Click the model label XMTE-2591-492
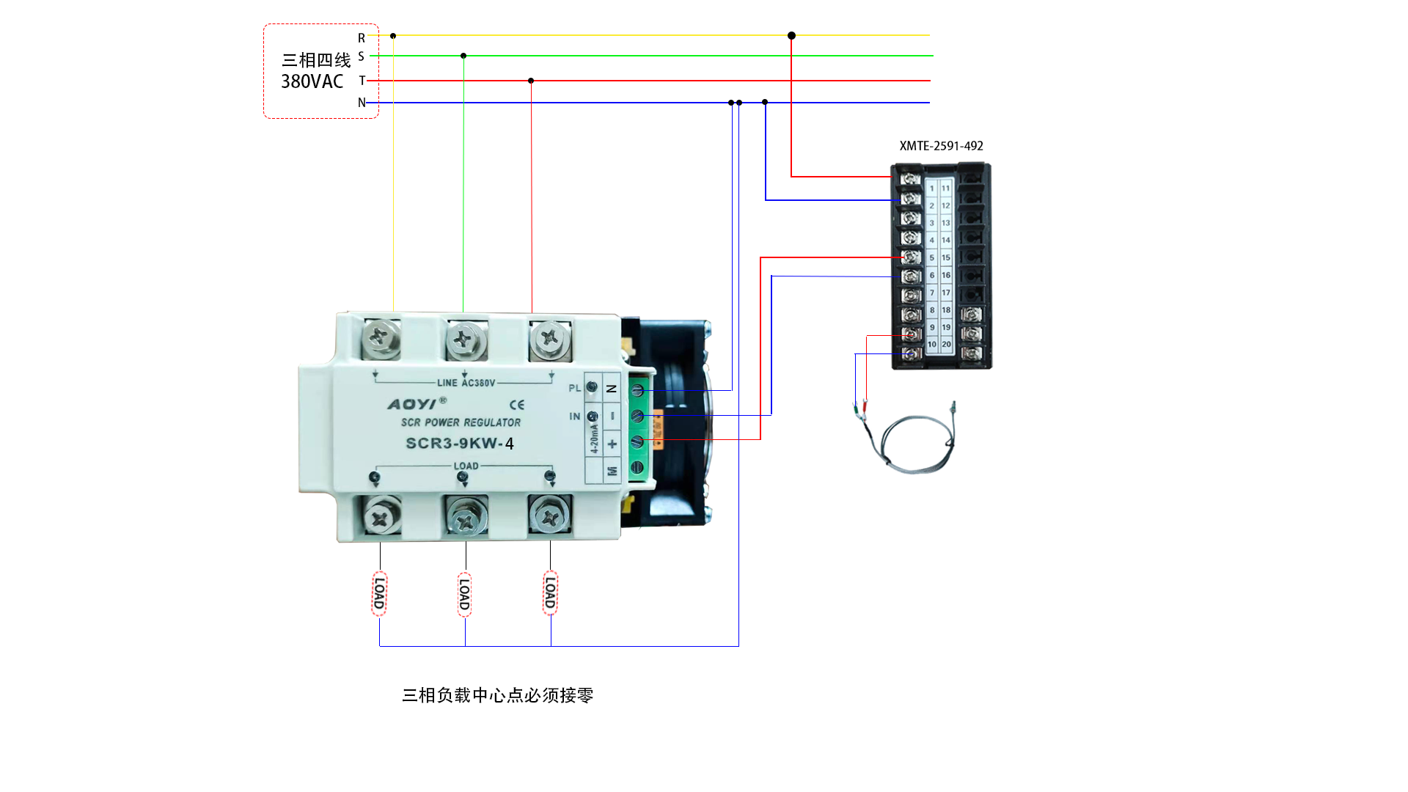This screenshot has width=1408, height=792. [x=941, y=146]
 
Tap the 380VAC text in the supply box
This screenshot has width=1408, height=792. [x=312, y=81]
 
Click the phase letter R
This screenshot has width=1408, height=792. [x=362, y=38]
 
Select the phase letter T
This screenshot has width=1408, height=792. [x=362, y=81]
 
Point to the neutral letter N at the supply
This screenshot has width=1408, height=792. [x=362, y=103]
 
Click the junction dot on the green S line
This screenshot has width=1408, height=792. [x=463, y=56]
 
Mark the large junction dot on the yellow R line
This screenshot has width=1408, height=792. [x=791, y=35]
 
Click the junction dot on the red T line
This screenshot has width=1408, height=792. [x=531, y=81]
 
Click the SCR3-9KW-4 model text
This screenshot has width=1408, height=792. [x=460, y=444]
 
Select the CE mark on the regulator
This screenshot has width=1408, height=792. [x=517, y=405]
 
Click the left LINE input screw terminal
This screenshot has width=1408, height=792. [x=380, y=338]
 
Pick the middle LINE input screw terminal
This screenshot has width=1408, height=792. [x=464, y=340]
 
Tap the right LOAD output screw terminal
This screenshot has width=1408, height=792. [x=549, y=516]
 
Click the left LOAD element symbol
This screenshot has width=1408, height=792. [x=379, y=593]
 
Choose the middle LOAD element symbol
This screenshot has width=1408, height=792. [x=464, y=594]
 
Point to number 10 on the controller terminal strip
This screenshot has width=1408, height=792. [x=932, y=344]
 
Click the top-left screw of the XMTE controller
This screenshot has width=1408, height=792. [x=910, y=179]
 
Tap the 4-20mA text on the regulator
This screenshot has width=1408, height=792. [x=595, y=439]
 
